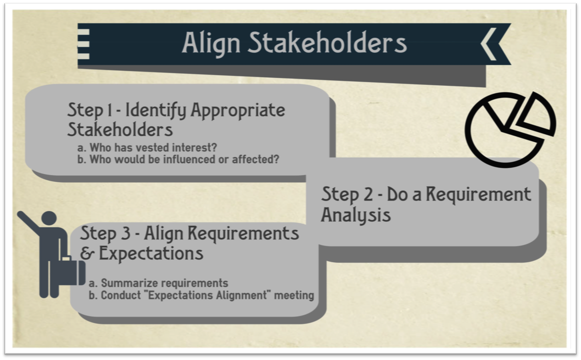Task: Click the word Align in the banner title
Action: pos(211,43)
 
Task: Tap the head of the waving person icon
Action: pos(49,218)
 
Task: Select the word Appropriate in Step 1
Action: pos(238,110)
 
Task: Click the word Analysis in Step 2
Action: pos(356,215)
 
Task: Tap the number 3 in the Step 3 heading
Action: pos(125,233)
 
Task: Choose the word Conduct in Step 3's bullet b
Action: pos(121,296)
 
